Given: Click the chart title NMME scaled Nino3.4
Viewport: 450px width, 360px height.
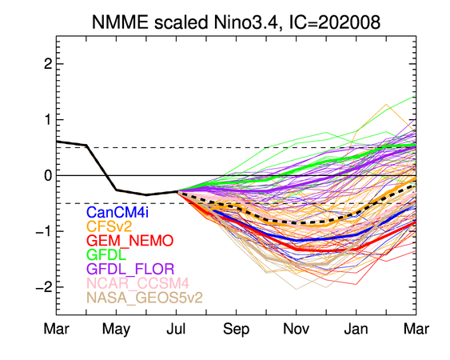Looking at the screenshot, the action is (x=185, y=22).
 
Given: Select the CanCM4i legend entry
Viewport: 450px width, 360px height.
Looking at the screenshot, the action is (x=117, y=212).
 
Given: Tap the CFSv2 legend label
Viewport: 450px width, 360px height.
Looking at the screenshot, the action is (x=109, y=226).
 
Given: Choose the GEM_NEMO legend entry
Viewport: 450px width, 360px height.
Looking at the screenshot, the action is (x=130, y=241).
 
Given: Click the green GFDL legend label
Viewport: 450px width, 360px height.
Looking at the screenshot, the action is (x=106, y=254).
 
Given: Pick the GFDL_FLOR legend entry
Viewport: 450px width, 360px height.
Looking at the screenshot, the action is (x=130, y=269).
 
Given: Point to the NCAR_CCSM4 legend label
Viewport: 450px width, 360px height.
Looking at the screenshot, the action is (x=137, y=283).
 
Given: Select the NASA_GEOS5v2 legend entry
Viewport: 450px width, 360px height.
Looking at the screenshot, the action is (x=145, y=298).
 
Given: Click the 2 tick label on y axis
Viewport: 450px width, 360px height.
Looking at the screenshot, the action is (x=48, y=64).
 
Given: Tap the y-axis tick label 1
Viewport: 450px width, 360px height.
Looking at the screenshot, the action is (x=48, y=119).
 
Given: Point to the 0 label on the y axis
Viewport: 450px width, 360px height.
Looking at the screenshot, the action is (x=48, y=175).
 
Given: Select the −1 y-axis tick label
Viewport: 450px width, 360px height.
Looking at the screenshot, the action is (x=44, y=231).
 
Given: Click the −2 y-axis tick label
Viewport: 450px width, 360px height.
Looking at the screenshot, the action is (x=44, y=287).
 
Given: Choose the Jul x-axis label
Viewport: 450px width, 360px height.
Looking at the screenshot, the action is (x=176, y=328).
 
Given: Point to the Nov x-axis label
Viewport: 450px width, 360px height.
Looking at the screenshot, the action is (x=296, y=328).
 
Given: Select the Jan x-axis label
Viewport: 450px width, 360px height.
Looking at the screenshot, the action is (x=356, y=328).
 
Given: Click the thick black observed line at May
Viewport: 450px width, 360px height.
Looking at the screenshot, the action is (x=116, y=190).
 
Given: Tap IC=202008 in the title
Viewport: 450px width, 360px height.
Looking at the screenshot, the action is (x=334, y=22).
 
